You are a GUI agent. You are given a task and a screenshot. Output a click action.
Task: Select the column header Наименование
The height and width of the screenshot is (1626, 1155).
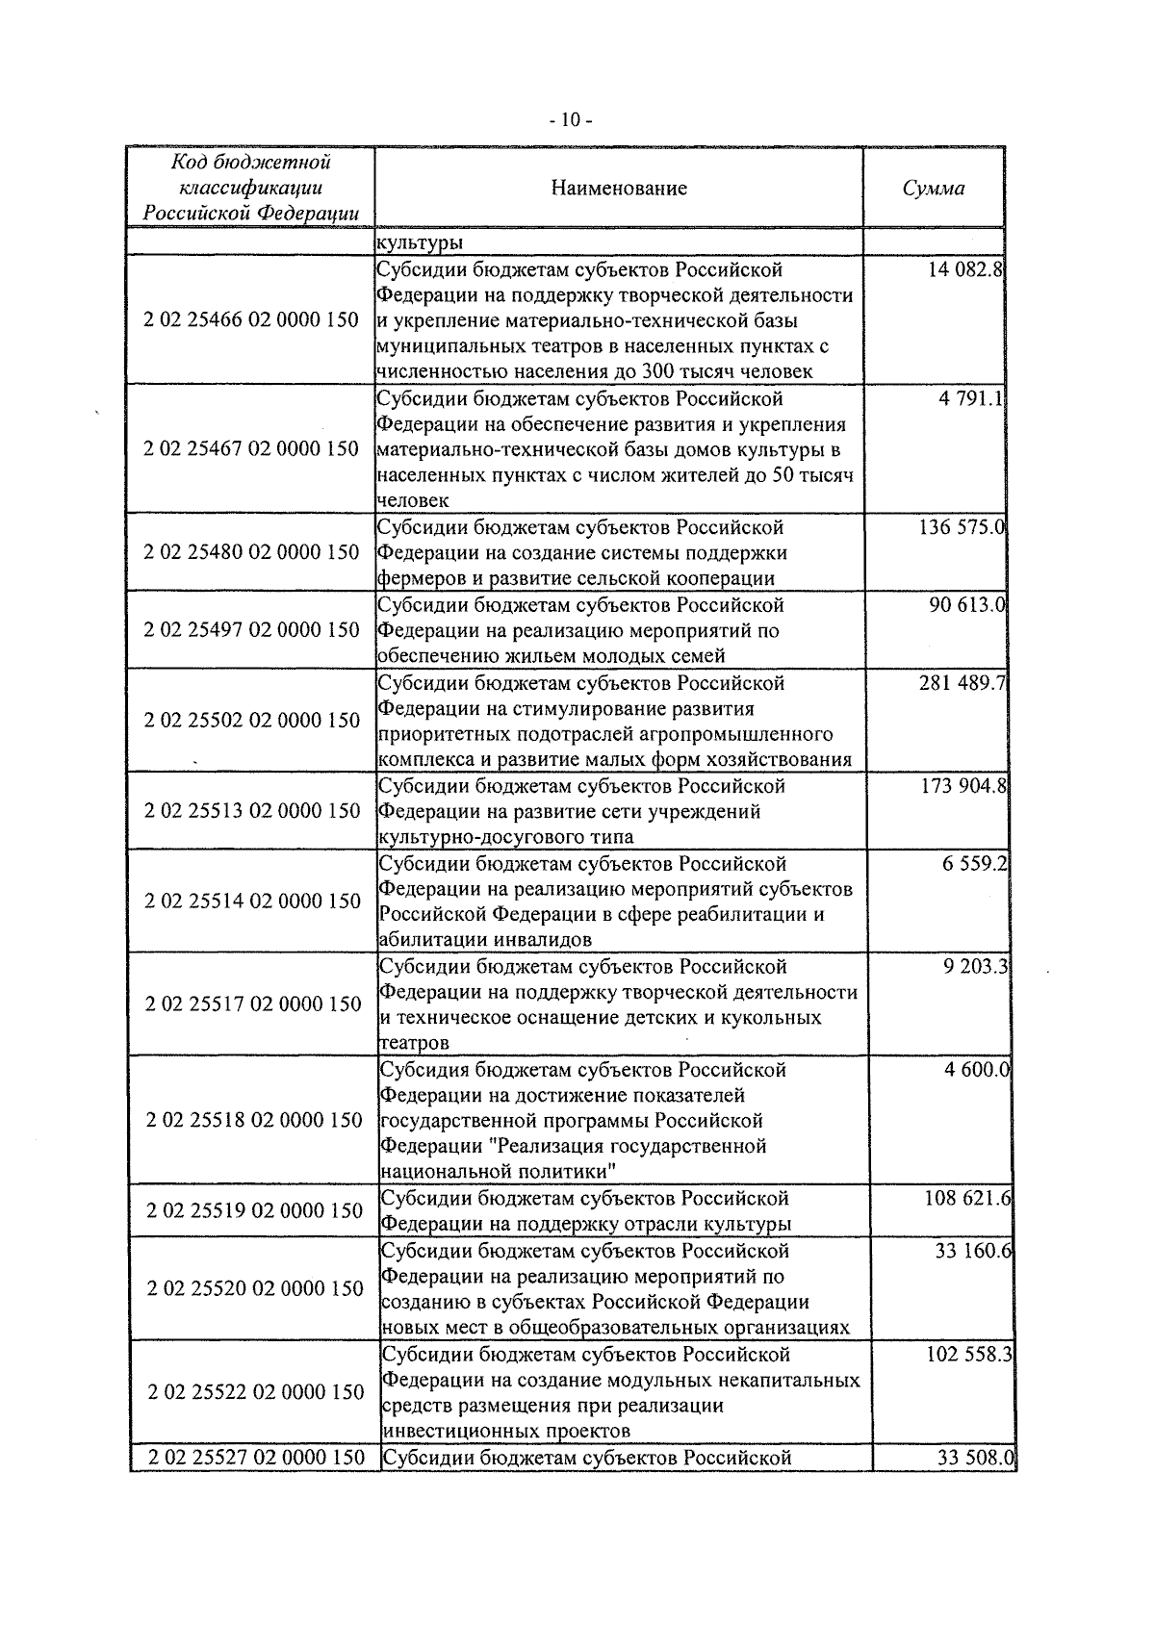[619, 188]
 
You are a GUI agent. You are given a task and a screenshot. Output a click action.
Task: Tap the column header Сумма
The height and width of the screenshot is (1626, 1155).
[933, 189]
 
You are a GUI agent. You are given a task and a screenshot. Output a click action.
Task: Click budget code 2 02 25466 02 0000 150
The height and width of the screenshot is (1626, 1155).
[250, 319]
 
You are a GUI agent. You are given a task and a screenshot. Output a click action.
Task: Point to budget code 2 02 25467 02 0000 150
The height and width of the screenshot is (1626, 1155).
[250, 448]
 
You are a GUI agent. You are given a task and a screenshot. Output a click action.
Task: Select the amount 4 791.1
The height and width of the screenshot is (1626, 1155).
[972, 398]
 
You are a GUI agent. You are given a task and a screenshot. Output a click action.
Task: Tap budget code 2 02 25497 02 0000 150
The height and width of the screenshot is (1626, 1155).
[251, 630]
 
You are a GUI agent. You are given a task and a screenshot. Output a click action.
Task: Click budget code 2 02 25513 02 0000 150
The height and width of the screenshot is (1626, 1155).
[252, 810]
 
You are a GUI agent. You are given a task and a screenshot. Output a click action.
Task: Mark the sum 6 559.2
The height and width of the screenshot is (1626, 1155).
[975, 864]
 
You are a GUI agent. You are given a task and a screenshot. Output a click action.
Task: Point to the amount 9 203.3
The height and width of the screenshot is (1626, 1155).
[976, 966]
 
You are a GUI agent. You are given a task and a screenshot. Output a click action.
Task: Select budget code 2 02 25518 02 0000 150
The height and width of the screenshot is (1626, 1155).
[254, 1120]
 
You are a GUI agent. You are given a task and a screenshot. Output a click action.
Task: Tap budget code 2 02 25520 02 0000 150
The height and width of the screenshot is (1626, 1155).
[255, 1288]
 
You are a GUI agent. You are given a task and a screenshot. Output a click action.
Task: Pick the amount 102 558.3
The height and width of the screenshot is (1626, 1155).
[968, 1354]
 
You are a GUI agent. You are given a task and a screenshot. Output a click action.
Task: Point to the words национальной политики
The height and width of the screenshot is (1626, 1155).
[499, 1172]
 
